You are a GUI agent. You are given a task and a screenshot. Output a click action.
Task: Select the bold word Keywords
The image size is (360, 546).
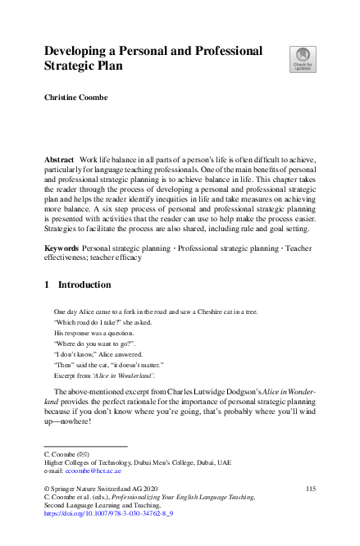pos(61,247)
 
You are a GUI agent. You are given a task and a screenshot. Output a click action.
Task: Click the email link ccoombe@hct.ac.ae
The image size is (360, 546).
pos(93,471)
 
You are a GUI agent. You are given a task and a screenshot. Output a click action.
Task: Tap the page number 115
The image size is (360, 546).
pos(310,489)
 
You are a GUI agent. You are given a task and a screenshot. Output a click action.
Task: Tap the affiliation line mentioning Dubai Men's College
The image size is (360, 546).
pos(137,462)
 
